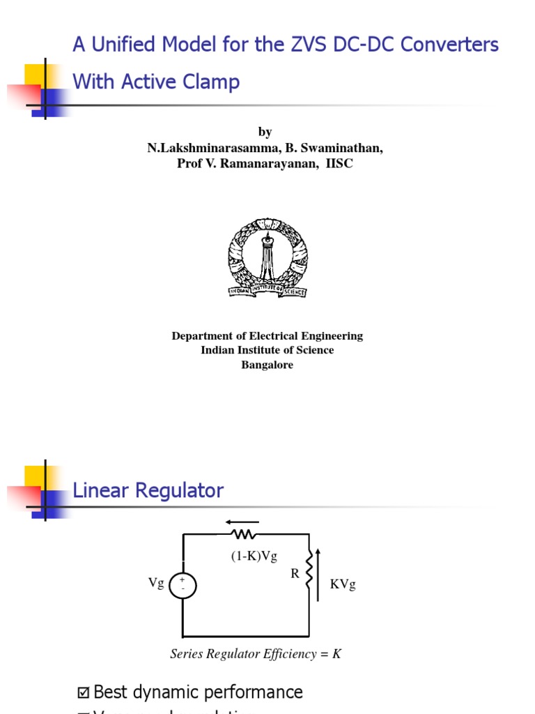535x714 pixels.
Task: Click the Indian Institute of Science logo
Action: coord(267,257)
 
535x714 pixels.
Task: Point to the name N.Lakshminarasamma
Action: coord(210,148)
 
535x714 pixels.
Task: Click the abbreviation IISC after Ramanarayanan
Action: coord(339,164)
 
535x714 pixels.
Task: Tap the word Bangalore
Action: coord(267,365)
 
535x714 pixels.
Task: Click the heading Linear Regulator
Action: coord(148,491)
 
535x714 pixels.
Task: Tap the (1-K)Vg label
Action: coord(254,556)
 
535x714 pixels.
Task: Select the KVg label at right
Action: coord(343,584)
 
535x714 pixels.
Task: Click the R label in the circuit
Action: coord(295,574)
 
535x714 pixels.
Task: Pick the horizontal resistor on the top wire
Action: coord(244,534)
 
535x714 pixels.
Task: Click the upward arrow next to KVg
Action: coord(318,574)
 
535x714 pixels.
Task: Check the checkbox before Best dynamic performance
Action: coord(84,692)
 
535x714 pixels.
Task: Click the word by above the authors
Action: coord(265,132)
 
